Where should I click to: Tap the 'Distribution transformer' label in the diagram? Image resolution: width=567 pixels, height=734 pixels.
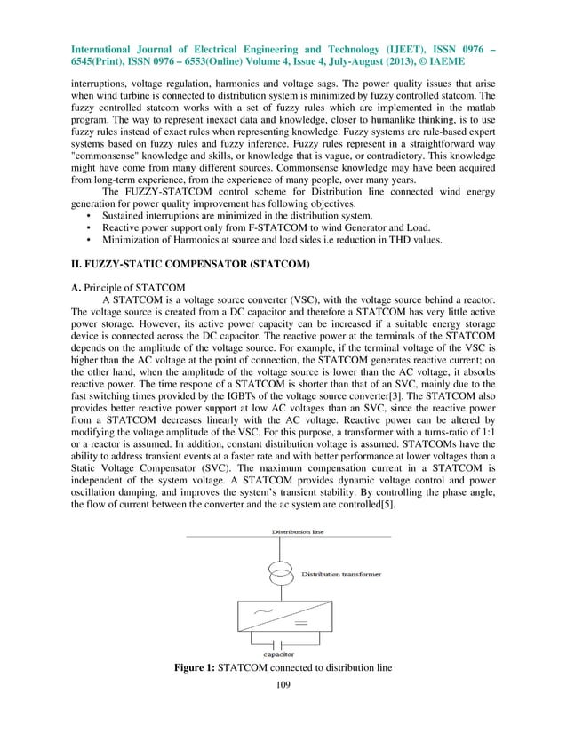click(x=341, y=575)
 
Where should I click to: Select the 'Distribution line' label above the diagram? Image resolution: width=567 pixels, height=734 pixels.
click(x=298, y=531)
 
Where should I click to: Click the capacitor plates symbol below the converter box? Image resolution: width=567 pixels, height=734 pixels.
click(x=283, y=642)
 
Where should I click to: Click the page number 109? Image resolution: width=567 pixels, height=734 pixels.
click(x=283, y=685)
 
